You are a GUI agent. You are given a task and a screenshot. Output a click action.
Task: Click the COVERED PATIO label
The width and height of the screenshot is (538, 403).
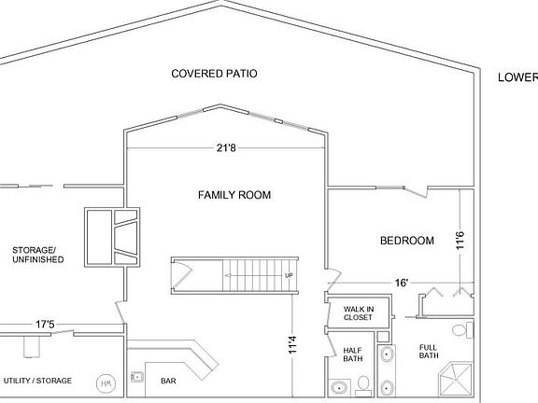pyautogui.click(x=214, y=73)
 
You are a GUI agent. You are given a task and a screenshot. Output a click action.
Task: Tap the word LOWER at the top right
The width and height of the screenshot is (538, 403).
pyautogui.click(x=517, y=78)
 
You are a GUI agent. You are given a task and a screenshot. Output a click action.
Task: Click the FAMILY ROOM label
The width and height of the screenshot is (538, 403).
pyautogui.click(x=234, y=195)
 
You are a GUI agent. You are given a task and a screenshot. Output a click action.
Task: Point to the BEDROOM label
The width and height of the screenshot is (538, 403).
pyautogui.click(x=406, y=241)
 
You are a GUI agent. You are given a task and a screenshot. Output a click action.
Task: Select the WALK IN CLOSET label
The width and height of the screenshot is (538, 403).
pyautogui.click(x=358, y=313)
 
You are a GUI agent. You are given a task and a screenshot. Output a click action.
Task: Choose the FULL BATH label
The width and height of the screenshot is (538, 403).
pyautogui.click(x=429, y=350)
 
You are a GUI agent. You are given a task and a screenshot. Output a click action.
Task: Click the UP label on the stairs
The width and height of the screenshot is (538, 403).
pyautogui.click(x=289, y=275)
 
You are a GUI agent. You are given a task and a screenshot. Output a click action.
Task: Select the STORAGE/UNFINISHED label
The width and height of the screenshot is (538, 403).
pyautogui.click(x=37, y=254)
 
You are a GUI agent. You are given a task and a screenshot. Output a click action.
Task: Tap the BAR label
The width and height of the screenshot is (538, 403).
pyautogui.click(x=169, y=381)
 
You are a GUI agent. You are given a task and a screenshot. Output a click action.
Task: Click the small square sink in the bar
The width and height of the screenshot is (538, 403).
pyautogui.click(x=136, y=377)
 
